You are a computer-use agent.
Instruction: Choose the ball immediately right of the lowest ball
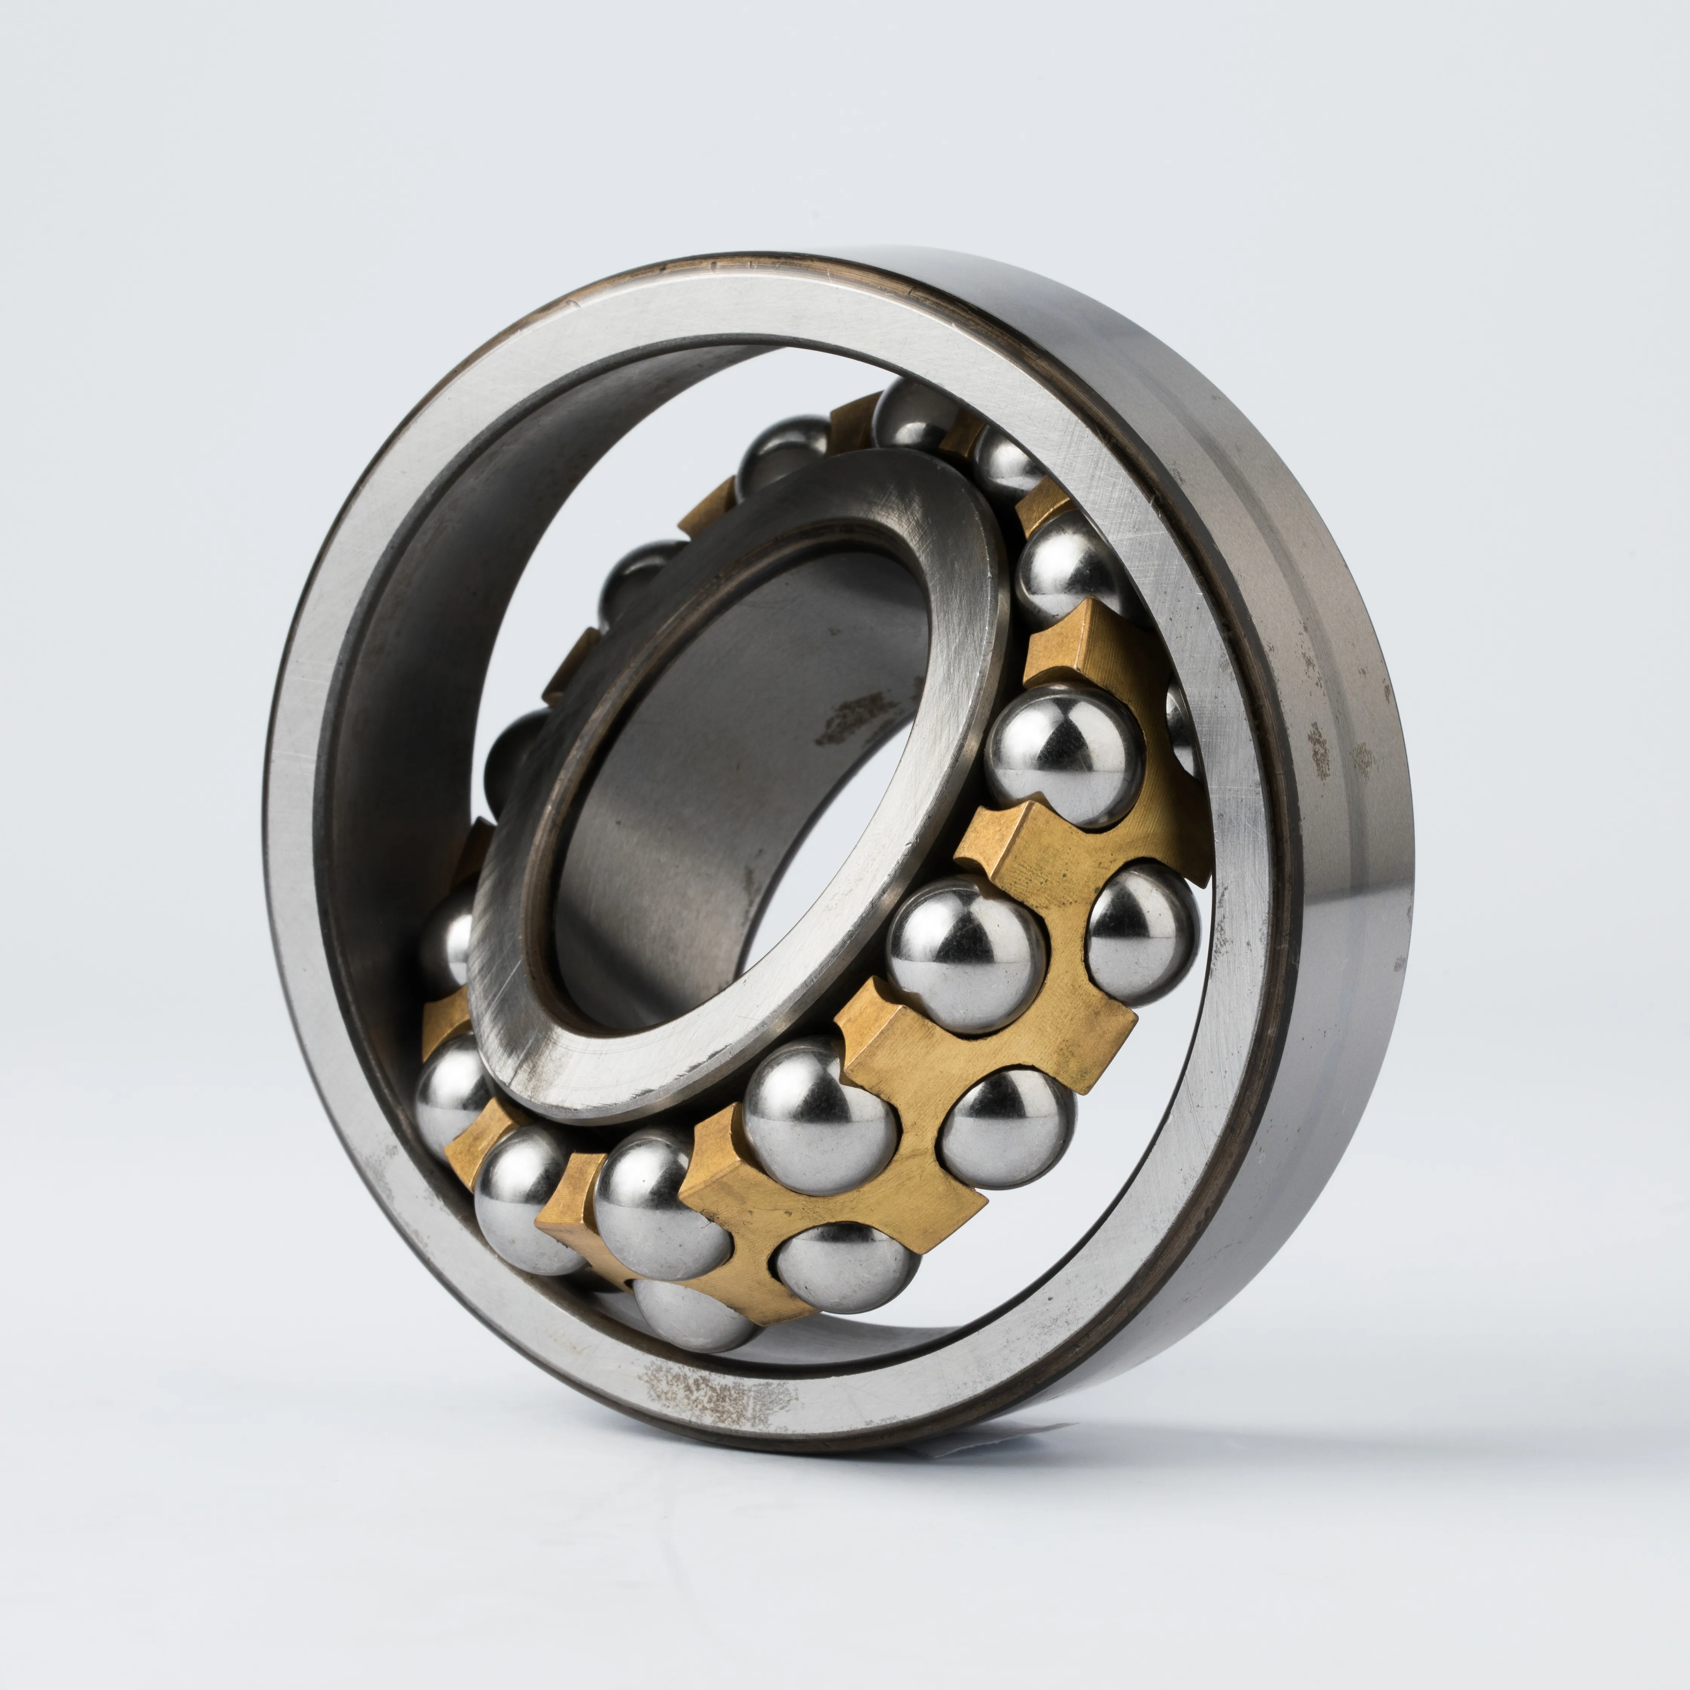(x=844, y=1268)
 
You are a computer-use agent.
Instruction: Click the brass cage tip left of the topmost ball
(x=853, y=411)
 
